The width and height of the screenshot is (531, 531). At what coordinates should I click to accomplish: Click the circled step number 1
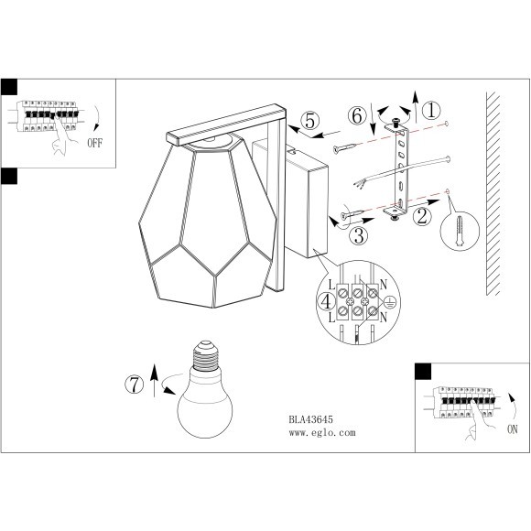point(431,111)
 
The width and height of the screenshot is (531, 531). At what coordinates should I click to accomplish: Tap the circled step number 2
point(422,216)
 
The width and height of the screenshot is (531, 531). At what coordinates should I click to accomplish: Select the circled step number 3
point(359,235)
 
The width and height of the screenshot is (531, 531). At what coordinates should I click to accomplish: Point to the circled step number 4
point(326,301)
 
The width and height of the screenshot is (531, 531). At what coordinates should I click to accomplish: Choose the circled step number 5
point(310,121)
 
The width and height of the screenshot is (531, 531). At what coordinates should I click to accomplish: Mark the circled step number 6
point(357,116)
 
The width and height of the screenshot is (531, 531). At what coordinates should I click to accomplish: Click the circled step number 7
point(135,385)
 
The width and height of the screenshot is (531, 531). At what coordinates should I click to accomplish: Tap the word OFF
point(94,143)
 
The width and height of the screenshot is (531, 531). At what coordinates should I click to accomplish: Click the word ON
point(513,429)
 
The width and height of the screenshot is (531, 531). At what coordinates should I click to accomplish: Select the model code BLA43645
point(311,419)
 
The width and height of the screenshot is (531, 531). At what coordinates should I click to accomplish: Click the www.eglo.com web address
point(322,432)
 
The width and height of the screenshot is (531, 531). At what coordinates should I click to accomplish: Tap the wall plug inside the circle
point(460,231)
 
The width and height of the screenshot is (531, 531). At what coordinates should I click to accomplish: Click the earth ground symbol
point(390,302)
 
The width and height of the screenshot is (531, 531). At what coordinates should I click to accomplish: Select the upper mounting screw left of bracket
point(345,148)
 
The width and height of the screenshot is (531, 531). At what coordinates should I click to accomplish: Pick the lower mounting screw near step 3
point(352,214)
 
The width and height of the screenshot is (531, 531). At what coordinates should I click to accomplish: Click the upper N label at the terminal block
point(383,285)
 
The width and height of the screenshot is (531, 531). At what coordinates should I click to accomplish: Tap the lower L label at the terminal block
point(331,318)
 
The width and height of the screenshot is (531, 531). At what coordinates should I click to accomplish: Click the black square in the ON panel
point(423,371)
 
